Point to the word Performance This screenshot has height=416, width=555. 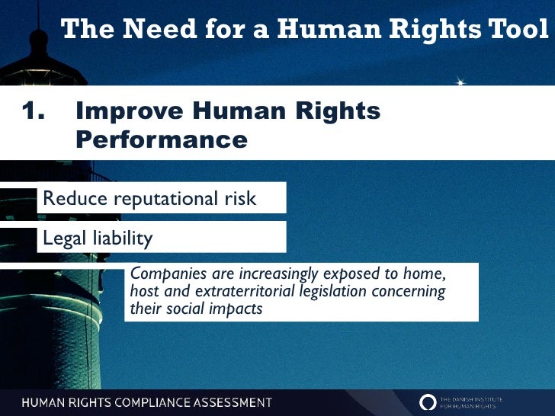click(x=162, y=141)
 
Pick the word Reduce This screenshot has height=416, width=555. click(x=75, y=199)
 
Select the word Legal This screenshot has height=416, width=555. click(x=65, y=238)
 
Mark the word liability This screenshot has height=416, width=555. click(x=123, y=238)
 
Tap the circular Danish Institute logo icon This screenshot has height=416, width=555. click(x=428, y=402)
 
